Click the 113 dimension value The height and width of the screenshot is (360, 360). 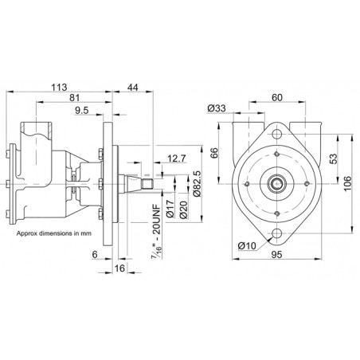(x=59, y=87)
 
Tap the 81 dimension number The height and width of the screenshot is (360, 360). (x=75, y=98)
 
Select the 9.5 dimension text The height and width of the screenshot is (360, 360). (x=81, y=110)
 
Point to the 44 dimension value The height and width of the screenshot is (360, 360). (x=133, y=87)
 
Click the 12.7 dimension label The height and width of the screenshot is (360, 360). (x=177, y=158)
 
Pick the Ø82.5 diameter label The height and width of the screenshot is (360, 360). (x=198, y=184)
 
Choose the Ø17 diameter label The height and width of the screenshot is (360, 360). (x=170, y=209)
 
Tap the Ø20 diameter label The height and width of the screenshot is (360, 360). (x=183, y=209)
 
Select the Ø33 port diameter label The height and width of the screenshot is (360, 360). (x=217, y=108)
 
